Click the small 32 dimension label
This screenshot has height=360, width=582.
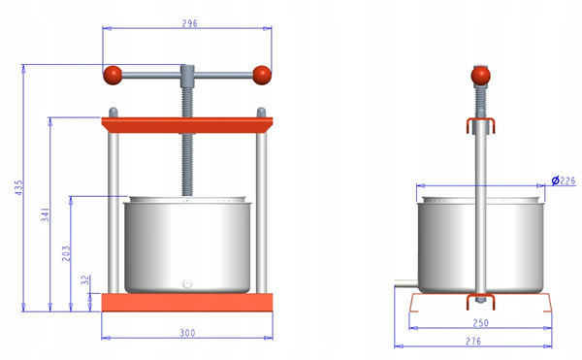point(85,279)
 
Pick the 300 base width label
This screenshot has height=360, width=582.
point(187,333)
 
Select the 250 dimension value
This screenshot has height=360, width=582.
point(480,322)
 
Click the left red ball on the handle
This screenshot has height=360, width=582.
point(113,74)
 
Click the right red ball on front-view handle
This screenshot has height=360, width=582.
point(261,74)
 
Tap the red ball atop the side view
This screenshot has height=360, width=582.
point(479,75)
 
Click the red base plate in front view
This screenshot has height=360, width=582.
point(187,302)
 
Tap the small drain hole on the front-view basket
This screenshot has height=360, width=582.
point(187,283)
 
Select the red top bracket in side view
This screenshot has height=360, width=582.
point(479,123)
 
